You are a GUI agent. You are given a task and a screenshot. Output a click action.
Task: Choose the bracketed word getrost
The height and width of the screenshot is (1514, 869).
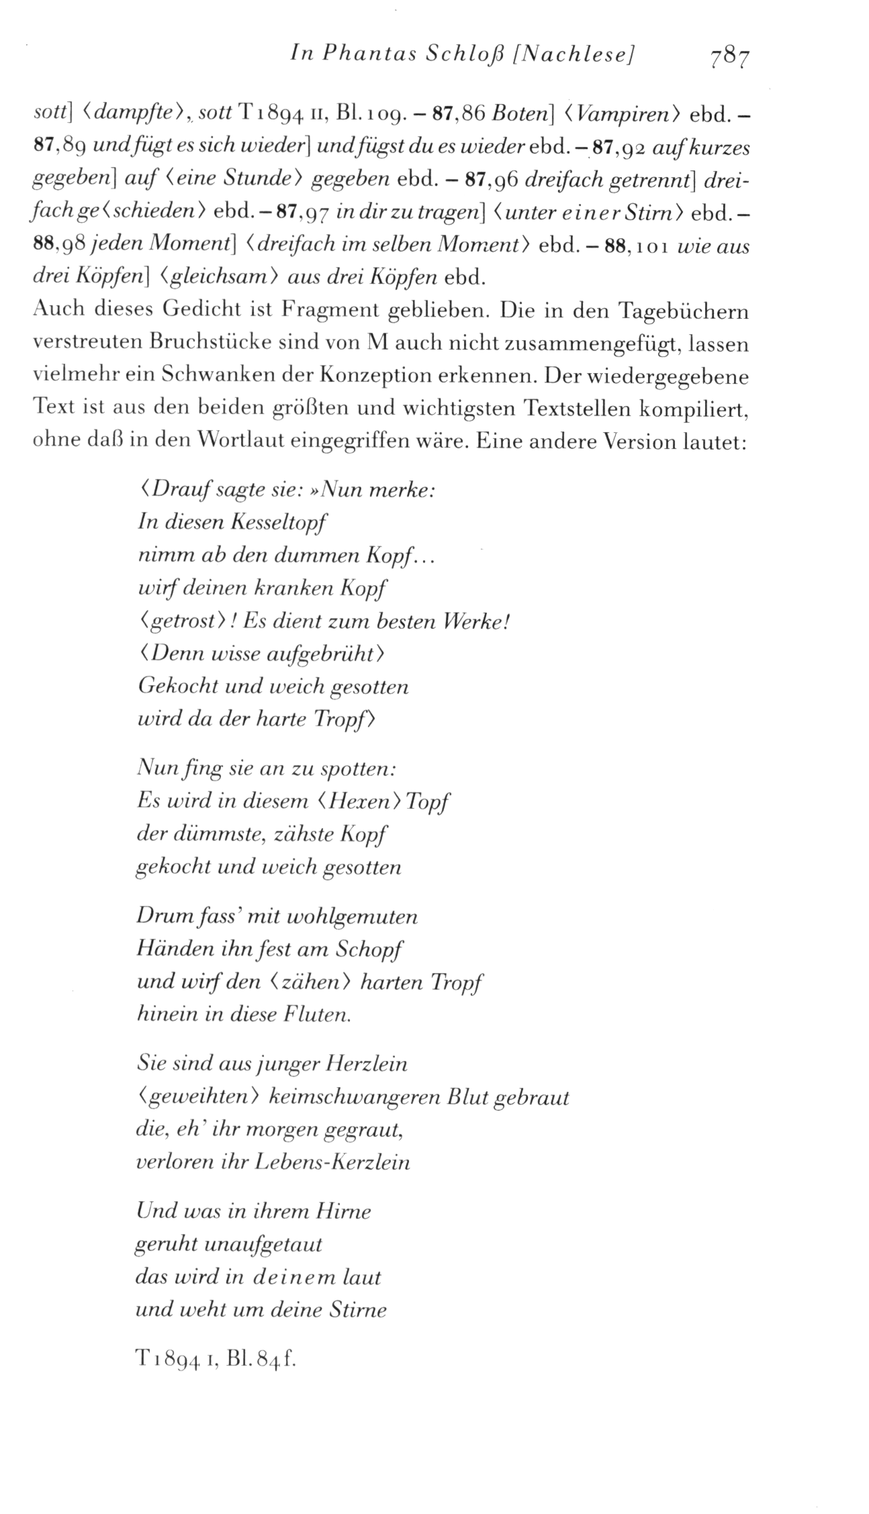click(x=183, y=621)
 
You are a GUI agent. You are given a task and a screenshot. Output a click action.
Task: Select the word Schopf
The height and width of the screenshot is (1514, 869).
click(x=370, y=950)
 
